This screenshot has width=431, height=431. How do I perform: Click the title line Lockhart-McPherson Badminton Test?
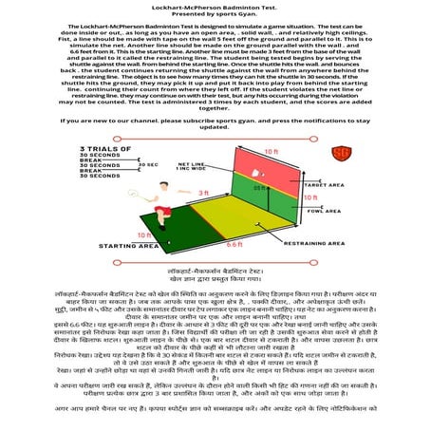[x=215, y=6]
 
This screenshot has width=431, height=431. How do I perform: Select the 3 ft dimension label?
[x=203, y=194]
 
